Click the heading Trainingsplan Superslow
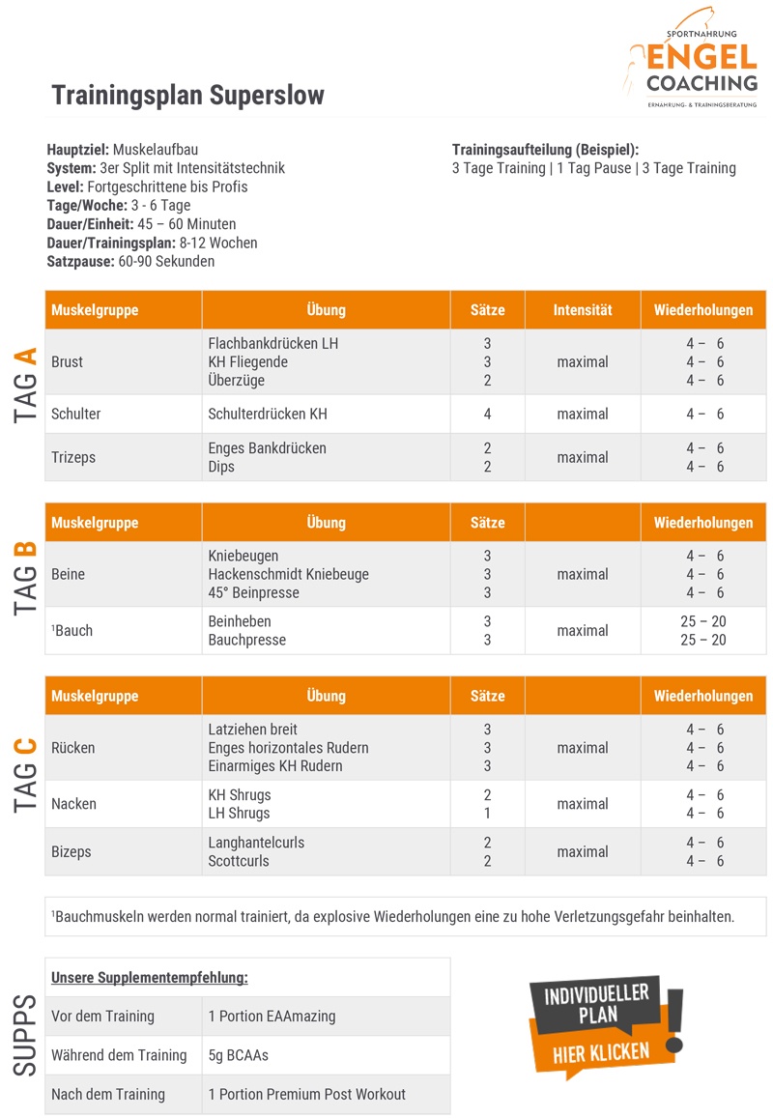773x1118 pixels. pyautogui.click(x=187, y=96)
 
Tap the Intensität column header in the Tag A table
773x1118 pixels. pyautogui.click(x=583, y=310)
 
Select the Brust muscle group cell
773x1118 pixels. pyautogui.click(x=68, y=362)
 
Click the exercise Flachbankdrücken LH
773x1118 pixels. pyautogui.click(x=273, y=344)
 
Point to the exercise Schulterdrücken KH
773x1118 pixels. pyautogui.click(x=268, y=415)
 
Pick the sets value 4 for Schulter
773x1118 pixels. pyautogui.click(x=488, y=415)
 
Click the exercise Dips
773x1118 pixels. pyautogui.click(x=221, y=467)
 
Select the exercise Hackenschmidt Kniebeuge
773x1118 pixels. pyautogui.click(x=288, y=575)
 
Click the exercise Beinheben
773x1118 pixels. pyautogui.click(x=240, y=622)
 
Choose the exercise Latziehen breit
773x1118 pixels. pyautogui.click(x=253, y=730)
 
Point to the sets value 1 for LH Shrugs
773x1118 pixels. pyautogui.click(x=488, y=814)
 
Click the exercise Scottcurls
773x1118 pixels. pyautogui.click(x=239, y=861)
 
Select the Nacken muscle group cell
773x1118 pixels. pyautogui.click(x=74, y=804)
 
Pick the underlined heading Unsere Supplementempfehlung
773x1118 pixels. pyautogui.click(x=150, y=978)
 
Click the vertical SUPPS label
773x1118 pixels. pyautogui.click(x=26, y=1035)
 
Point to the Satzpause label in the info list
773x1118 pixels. pyautogui.click(x=80, y=262)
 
